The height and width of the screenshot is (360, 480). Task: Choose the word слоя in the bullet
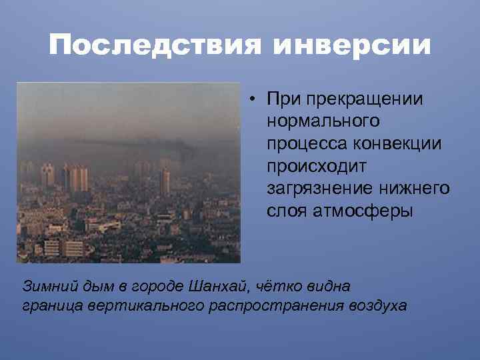tap(284, 211)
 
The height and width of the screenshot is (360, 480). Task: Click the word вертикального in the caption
tap(142, 306)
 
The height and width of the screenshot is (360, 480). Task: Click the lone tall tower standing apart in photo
tap(165, 179)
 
